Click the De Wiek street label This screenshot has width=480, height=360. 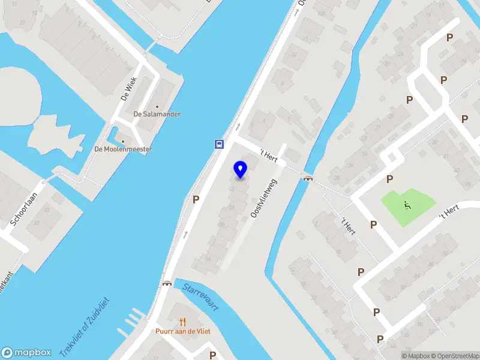(x=129, y=88)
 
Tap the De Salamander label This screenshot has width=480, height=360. (x=157, y=114)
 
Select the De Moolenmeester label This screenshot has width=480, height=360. (x=123, y=149)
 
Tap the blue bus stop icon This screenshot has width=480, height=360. (x=220, y=144)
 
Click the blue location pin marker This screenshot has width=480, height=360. (x=241, y=169)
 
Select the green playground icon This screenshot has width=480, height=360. (x=407, y=205)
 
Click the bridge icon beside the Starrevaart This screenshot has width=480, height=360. (x=167, y=283)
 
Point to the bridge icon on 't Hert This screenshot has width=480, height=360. (x=308, y=178)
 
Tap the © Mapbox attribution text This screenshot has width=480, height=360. (x=418, y=356)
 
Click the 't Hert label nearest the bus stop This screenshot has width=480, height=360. (x=269, y=154)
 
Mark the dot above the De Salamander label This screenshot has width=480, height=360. (x=157, y=106)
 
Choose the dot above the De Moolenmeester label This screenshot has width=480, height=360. (x=123, y=141)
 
